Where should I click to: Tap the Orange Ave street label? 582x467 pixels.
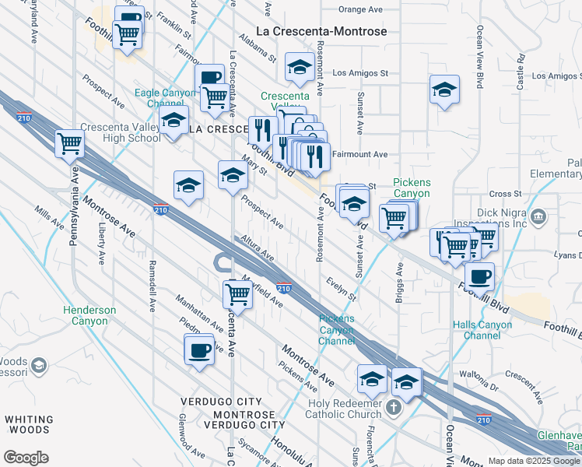(x=363, y=10)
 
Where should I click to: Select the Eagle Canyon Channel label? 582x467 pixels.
(x=160, y=98)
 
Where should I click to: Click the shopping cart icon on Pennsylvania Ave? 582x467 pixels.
(x=69, y=143)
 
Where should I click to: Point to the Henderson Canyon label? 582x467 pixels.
(x=89, y=315)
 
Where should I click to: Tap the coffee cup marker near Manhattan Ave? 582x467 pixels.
(x=199, y=349)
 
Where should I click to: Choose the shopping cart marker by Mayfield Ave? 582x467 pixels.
(x=237, y=294)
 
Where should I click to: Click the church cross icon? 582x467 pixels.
(x=394, y=407)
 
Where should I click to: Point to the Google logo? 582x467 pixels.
(x=26, y=458)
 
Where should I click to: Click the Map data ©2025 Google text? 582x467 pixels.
(x=534, y=461)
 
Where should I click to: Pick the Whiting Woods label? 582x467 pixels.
(x=30, y=424)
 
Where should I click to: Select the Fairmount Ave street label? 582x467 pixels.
(x=359, y=154)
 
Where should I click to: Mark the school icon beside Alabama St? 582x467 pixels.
(x=298, y=68)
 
